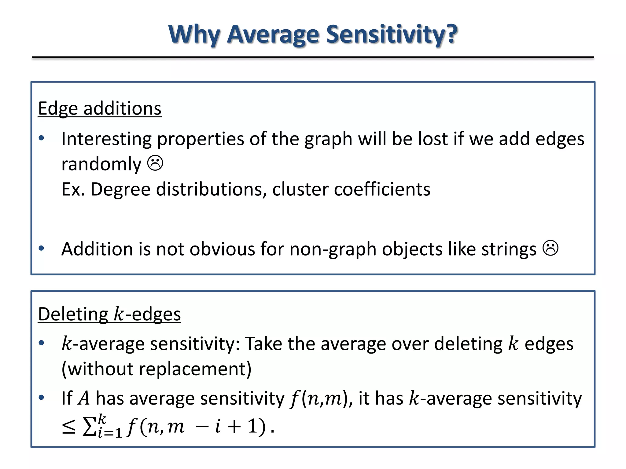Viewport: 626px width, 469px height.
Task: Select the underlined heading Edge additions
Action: coord(100,108)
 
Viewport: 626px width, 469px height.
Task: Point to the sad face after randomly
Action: coord(155,163)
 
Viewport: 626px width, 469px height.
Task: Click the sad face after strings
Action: coord(551,248)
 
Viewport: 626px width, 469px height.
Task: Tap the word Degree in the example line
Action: coord(120,189)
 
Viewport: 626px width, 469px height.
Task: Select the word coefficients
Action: coord(382,189)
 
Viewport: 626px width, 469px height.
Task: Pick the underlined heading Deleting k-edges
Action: coord(109,314)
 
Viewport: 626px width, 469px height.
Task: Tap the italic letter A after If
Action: coord(84,398)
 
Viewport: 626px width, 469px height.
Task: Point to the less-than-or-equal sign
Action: coord(69,427)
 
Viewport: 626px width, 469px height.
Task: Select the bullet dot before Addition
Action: coord(42,248)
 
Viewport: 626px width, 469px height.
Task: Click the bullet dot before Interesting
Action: coord(42,138)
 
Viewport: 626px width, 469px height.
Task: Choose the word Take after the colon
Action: coord(264,344)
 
